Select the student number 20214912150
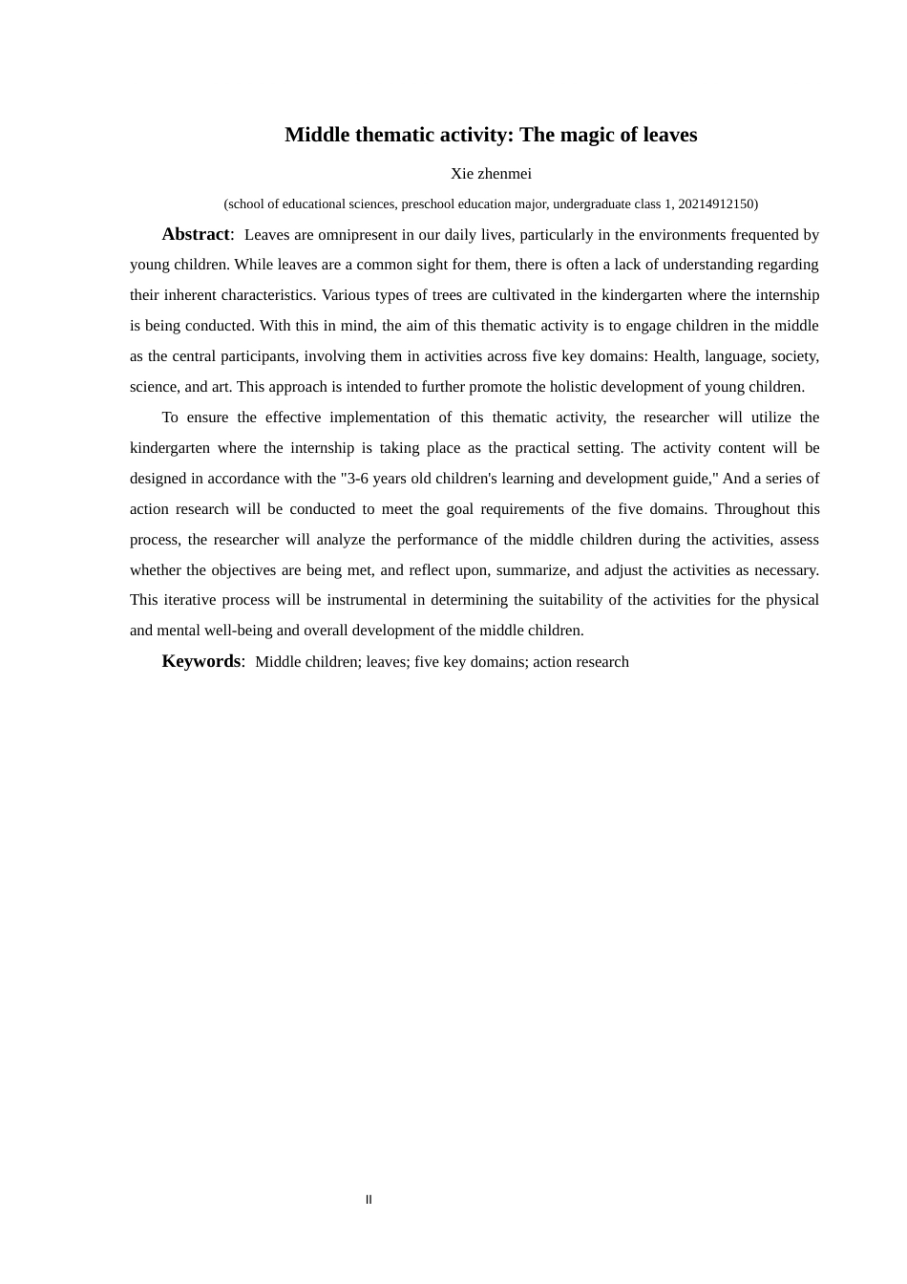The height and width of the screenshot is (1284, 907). pyautogui.click(x=716, y=203)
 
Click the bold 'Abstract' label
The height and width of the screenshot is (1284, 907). pyautogui.click(x=196, y=234)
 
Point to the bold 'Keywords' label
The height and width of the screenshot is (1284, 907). pyautogui.click(x=201, y=661)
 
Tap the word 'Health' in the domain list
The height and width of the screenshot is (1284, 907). pyautogui.click(x=675, y=356)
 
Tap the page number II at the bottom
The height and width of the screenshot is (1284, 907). pyautogui.click(x=369, y=1200)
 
